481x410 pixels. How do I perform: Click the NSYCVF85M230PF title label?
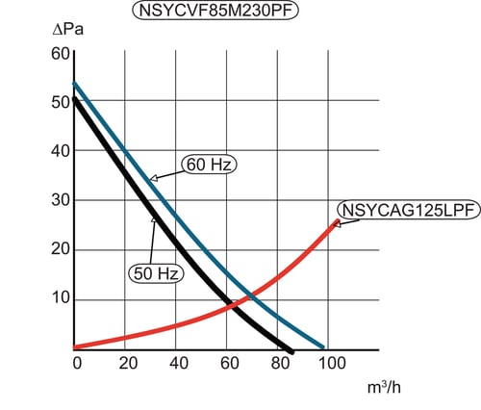215,11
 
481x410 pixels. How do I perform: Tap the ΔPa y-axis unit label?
68,30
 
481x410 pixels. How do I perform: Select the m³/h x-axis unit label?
384,387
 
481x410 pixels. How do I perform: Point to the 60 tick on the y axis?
61,54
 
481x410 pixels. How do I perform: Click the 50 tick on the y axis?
61,103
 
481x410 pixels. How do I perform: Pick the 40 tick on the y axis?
61,151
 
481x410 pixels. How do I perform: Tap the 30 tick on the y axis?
61,200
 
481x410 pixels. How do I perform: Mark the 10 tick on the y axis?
61,298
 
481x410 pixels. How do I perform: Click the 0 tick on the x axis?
77,363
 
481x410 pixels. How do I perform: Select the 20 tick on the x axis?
128,363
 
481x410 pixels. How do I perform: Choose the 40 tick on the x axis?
179,363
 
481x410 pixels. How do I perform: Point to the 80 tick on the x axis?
280,363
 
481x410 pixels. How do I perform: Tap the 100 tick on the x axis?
332,363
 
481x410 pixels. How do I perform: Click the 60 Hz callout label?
209,165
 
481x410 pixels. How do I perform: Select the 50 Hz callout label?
156,273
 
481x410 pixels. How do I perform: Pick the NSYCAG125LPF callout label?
409,210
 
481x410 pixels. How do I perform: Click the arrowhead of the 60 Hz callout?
153,178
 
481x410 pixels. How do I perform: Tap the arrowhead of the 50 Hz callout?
154,219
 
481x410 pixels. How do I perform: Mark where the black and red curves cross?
234,305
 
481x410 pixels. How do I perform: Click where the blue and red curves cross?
252,296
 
